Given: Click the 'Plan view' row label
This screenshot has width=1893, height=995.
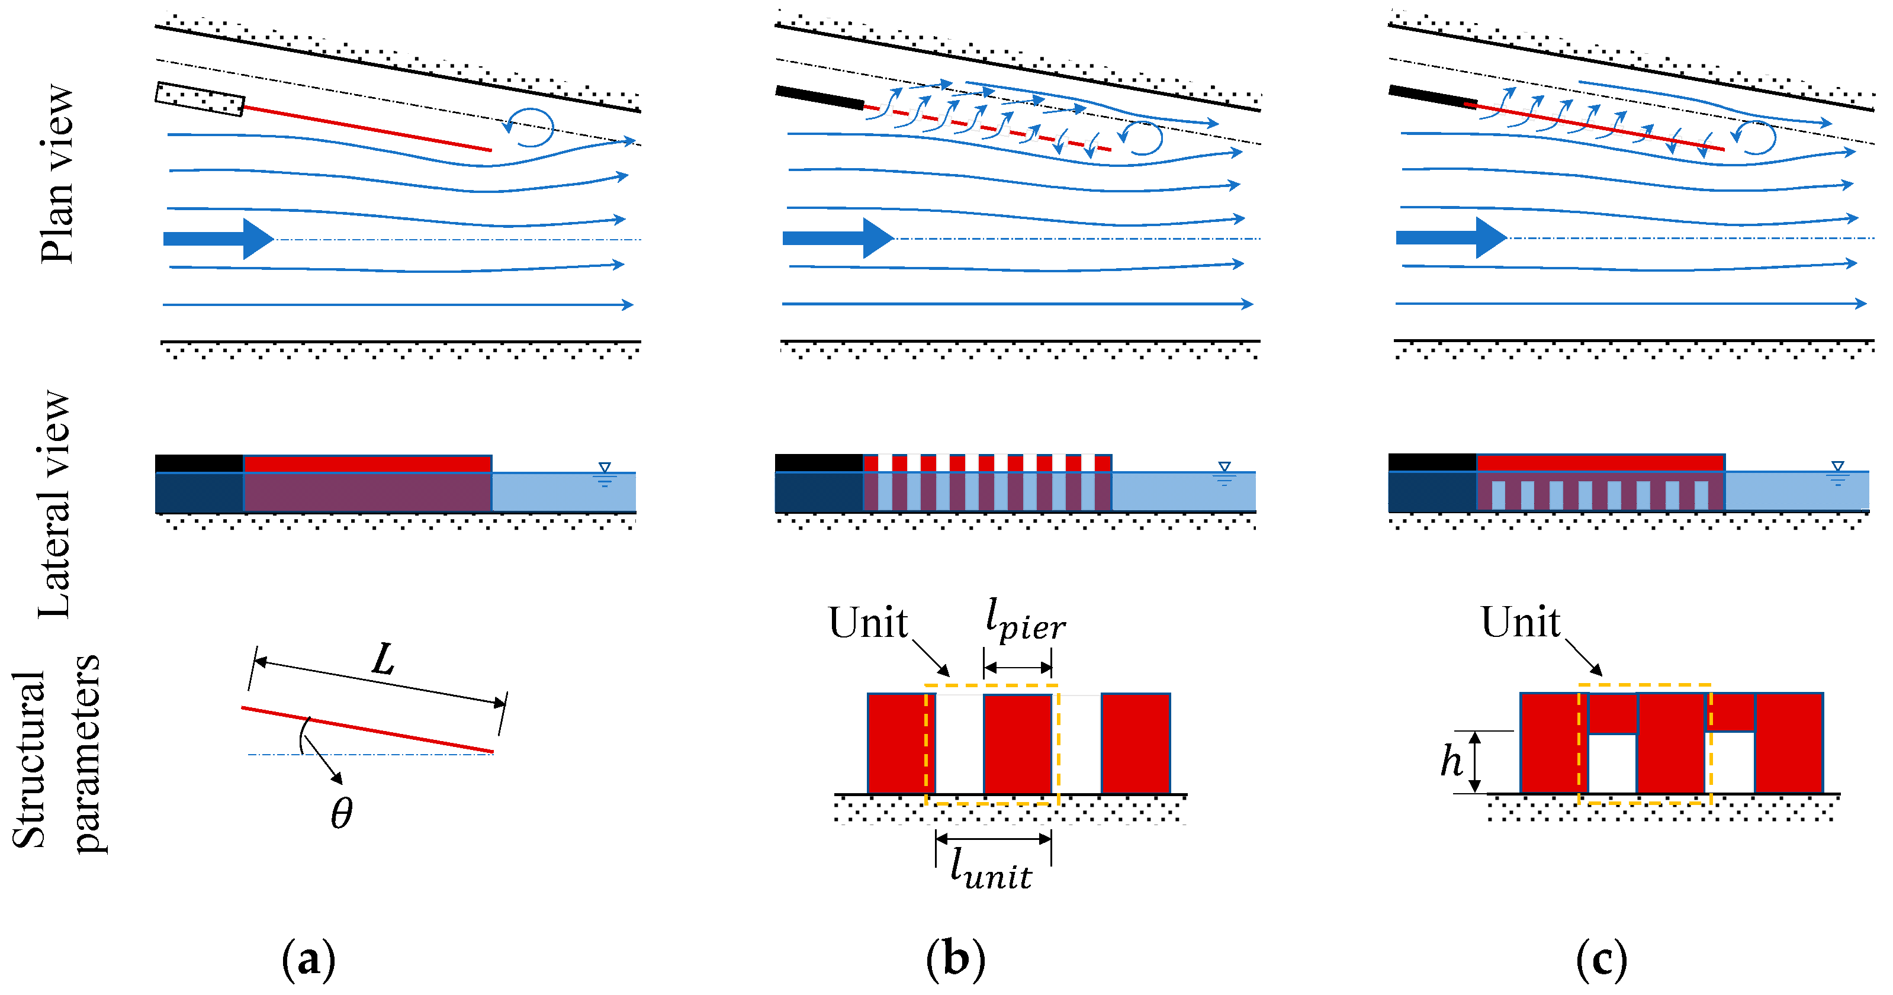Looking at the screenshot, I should point(57,174).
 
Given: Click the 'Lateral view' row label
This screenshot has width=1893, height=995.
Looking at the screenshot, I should point(55,504).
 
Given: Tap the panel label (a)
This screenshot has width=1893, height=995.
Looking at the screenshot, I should point(308,959).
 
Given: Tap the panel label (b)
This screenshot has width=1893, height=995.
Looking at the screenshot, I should point(955,959).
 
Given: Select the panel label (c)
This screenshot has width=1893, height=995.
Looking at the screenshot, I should point(1602,959).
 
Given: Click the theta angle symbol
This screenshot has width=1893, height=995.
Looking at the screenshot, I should point(342,813).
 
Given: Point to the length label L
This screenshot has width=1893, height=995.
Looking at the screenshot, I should point(383,659).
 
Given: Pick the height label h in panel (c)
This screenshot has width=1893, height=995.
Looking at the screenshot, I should point(1451,761).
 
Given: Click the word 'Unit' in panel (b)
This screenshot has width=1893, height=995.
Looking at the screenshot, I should point(868,623).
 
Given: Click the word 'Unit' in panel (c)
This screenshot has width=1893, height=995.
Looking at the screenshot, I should point(1520,623).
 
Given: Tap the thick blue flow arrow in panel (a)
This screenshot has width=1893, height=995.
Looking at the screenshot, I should point(217,239).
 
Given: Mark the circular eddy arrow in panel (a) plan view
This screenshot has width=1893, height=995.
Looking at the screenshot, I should point(531,127).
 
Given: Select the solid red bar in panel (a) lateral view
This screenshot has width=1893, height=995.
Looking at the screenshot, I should point(368,463).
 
